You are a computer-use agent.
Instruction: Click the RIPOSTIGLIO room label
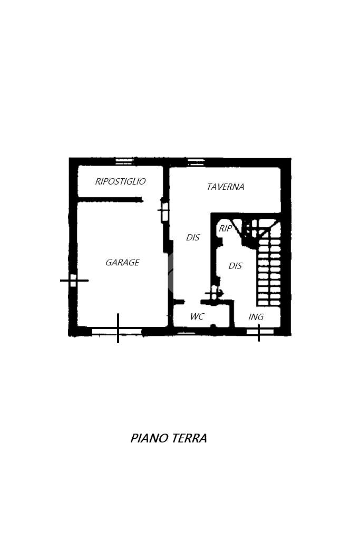pos(120,181)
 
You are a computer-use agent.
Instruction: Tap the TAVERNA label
pos(226,187)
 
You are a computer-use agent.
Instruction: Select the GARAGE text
pos(122,262)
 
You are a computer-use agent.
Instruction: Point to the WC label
pos(197,316)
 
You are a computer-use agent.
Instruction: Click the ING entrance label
pos(256,317)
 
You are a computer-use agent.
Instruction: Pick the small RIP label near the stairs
pos(225,228)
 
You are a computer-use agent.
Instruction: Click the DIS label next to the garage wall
pos(193,237)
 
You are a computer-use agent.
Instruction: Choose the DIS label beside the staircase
pos(235,266)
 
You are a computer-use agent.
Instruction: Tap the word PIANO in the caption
pos(149,438)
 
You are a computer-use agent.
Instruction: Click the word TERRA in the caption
pos(189,438)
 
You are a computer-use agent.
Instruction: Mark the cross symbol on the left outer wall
pos(73,280)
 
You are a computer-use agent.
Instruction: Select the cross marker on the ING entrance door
pos(259,332)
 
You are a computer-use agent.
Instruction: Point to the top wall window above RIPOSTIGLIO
pos(124,161)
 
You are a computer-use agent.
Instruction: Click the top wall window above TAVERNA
pos(196,161)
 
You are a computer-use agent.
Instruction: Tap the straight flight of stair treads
pos(269,272)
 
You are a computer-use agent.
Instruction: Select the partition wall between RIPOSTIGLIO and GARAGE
pos(110,199)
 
